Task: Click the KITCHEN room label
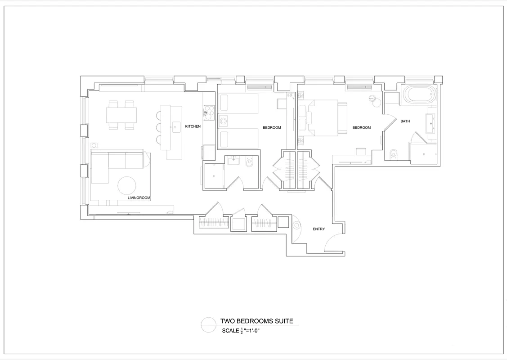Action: click(x=193, y=126)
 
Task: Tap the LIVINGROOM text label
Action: click(x=139, y=198)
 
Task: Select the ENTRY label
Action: click(x=319, y=229)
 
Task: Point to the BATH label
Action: click(x=405, y=121)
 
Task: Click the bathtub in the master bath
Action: click(x=419, y=94)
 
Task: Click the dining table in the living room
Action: click(x=121, y=115)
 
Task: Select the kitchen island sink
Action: click(x=176, y=127)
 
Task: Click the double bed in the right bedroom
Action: click(x=323, y=118)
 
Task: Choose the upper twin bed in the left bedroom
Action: click(x=238, y=103)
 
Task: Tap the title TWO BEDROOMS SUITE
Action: click(x=257, y=321)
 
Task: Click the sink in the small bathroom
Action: click(x=233, y=160)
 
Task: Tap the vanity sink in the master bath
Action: click(x=431, y=123)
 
